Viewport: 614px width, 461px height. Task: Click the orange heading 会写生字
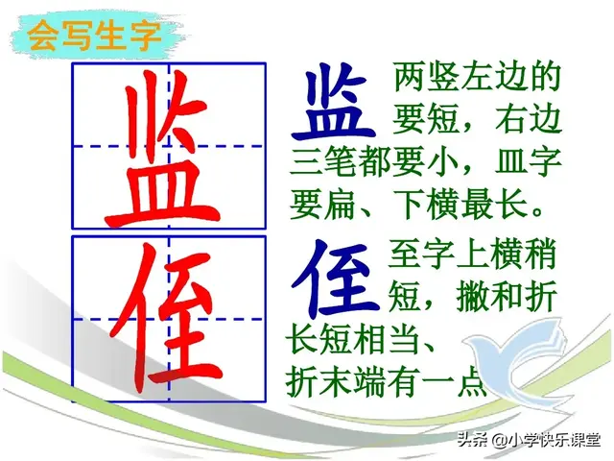[x=93, y=38]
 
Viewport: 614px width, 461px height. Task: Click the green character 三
[x=306, y=161]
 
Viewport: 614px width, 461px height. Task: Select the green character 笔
[x=340, y=161]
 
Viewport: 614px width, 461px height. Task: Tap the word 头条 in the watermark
[x=470, y=441]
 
